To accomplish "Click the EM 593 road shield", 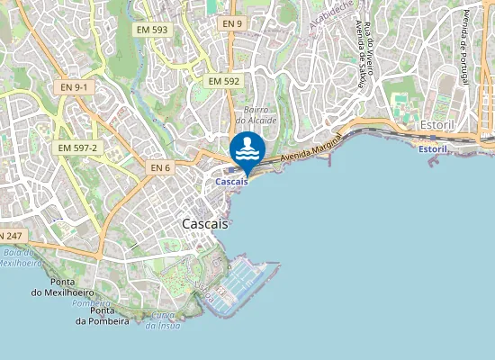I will [x=152, y=29].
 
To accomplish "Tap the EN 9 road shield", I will [x=232, y=23].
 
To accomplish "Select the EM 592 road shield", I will [x=224, y=81].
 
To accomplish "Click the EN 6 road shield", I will [x=160, y=167].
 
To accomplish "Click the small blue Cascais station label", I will [x=232, y=182].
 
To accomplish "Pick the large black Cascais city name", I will [x=205, y=222].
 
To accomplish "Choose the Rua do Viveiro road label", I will [x=370, y=45].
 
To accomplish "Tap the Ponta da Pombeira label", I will [x=103, y=315].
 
